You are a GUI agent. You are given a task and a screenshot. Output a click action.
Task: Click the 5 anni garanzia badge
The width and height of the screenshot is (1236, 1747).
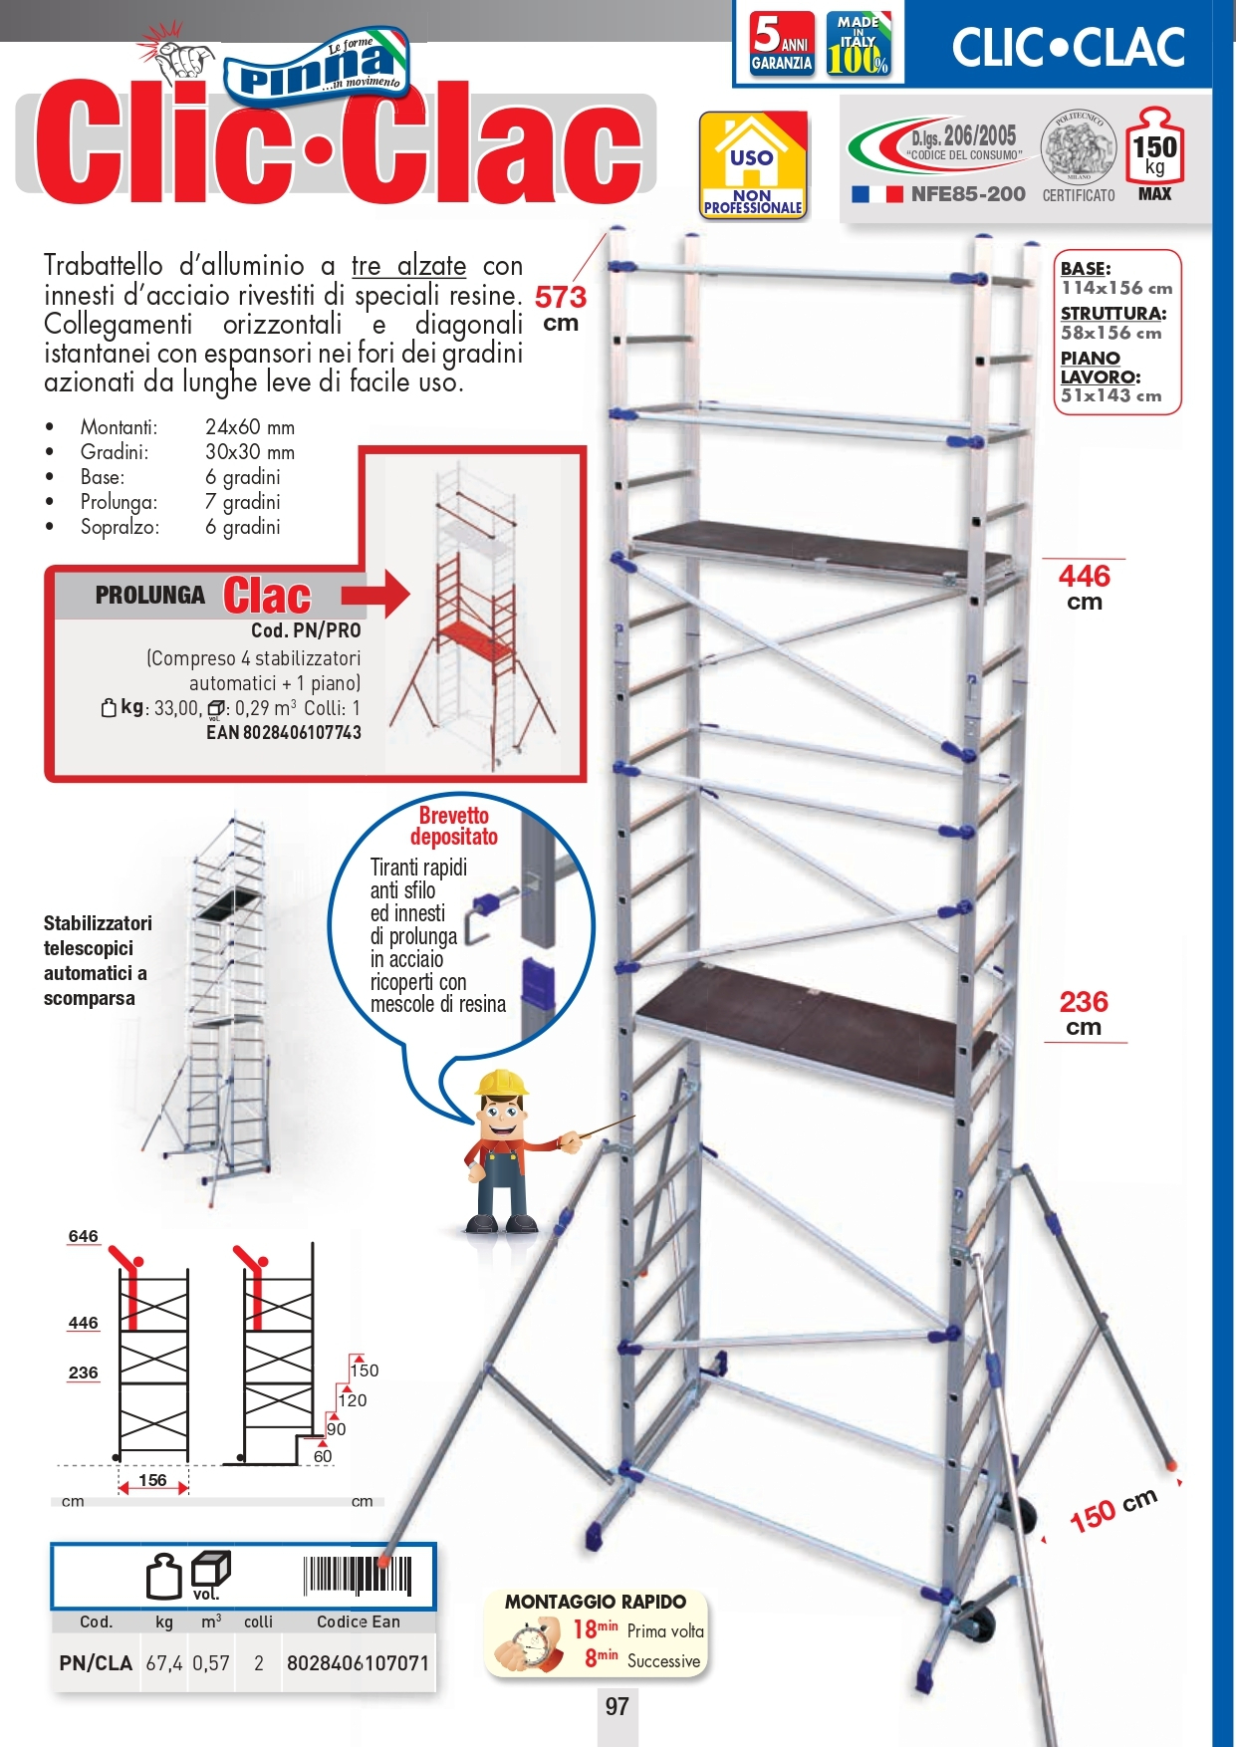[x=782, y=45]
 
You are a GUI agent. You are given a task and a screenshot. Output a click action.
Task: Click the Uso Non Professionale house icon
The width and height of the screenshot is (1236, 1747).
[x=752, y=165]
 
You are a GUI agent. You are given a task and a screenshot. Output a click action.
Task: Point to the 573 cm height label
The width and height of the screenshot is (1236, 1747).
[x=561, y=307]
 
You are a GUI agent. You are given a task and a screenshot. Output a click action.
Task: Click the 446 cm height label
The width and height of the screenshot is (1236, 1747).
[x=1084, y=587]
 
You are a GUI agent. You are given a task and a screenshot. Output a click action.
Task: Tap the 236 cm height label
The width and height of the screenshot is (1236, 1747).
[x=1084, y=1012]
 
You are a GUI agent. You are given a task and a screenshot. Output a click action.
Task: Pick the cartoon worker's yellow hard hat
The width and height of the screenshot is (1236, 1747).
[x=501, y=1083]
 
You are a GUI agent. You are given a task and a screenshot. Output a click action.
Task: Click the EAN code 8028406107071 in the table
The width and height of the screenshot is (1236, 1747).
[x=358, y=1662]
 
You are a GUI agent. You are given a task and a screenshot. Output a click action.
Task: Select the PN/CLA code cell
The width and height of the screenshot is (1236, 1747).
[x=96, y=1662]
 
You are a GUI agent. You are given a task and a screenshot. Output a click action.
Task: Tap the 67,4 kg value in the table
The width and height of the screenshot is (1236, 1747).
[x=164, y=1662]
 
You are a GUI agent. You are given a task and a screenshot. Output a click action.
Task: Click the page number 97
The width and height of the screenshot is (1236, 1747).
[x=617, y=1706]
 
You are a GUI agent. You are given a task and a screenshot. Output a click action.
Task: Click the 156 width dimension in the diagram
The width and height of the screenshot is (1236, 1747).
[x=152, y=1480]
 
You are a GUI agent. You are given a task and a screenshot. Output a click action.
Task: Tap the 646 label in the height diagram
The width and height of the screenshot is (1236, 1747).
[x=83, y=1236]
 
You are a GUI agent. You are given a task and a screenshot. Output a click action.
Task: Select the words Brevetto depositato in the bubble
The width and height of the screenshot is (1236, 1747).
[x=454, y=826]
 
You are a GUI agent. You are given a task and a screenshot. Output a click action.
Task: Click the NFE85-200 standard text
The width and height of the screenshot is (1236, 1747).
[x=967, y=194]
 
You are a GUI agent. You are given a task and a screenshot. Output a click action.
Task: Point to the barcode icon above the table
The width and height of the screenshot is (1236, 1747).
[x=357, y=1576]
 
